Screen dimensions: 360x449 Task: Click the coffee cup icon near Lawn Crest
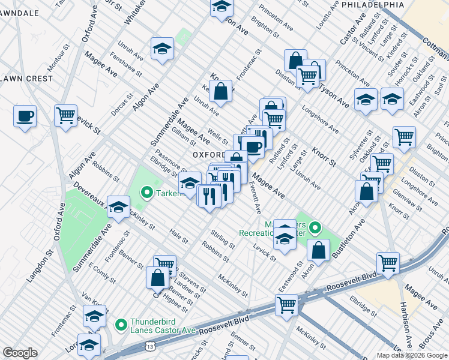pos(25,116)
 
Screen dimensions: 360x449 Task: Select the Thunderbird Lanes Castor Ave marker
pos(121,325)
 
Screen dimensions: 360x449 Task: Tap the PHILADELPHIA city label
pos(373,4)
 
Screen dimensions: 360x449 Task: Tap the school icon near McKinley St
pos(119,206)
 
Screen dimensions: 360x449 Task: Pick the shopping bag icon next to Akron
pos(319,250)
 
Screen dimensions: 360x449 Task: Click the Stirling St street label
pos(223,238)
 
